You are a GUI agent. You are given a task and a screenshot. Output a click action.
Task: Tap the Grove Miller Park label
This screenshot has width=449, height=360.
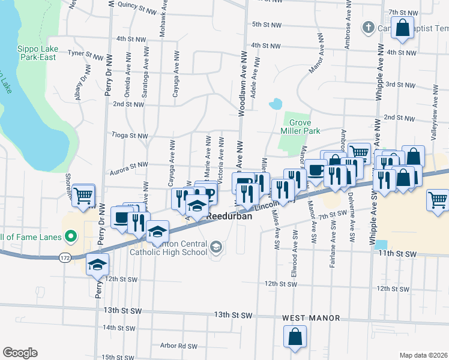(300, 126)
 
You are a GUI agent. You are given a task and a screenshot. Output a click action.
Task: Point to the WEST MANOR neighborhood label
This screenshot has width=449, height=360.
(311, 317)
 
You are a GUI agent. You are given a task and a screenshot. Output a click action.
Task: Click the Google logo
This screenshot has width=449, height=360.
(20, 353)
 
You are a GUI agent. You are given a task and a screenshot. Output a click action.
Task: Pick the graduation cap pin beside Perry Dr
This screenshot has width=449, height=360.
(97, 265)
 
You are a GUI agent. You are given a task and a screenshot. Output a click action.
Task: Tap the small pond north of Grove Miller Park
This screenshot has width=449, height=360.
(276, 104)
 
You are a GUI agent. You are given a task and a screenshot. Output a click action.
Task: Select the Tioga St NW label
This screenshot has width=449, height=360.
(130, 136)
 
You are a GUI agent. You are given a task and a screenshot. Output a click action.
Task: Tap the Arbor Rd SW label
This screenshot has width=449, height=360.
(178, 346)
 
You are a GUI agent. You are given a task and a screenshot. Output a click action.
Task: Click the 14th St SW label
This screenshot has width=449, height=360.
(117, 328)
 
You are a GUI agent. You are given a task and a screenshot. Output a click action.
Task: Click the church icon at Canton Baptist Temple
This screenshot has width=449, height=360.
(368, 28)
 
